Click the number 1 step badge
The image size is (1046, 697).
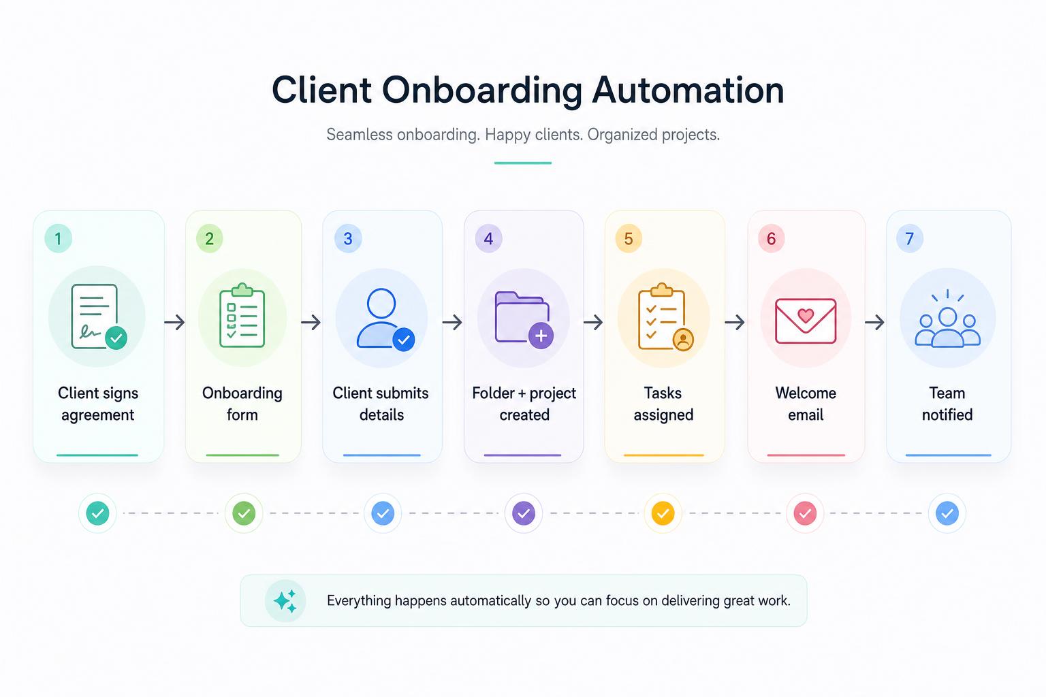58,238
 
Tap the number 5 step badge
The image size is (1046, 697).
629,238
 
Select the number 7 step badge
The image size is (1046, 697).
910,238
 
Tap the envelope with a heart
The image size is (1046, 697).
806,321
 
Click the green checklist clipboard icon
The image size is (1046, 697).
242,315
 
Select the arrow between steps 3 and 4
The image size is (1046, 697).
452,322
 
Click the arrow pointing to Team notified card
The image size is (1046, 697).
874,322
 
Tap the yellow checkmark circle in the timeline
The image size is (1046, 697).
663,513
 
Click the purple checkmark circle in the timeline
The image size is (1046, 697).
524,513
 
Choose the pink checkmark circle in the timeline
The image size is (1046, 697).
805,513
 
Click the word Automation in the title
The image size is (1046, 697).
688,90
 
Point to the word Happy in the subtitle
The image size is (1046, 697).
507,135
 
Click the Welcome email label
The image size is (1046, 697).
806,404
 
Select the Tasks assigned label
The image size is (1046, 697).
663,404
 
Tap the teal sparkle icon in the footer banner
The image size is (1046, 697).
285,601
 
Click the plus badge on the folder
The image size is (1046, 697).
541,336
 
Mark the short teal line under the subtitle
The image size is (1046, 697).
523,163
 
